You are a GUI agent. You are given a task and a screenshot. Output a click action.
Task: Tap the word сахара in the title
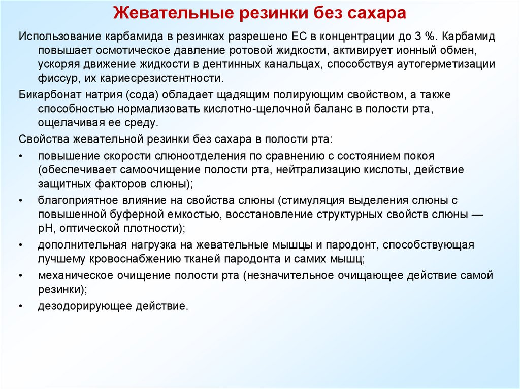[377, 13]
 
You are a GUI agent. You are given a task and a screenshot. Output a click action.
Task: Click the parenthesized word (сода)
[123, 95]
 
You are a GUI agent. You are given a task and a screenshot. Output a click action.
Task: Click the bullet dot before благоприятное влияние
[21, 201]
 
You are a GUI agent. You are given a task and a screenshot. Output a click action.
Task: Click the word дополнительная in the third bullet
[82, 245]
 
